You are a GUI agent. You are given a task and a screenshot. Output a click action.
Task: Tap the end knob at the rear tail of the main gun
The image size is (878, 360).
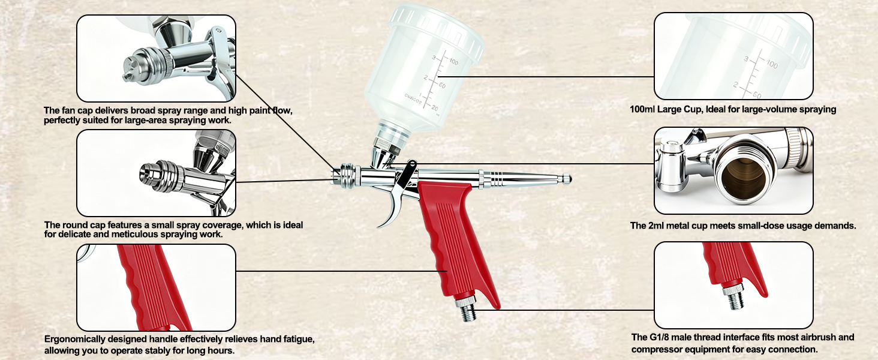coord(567,179)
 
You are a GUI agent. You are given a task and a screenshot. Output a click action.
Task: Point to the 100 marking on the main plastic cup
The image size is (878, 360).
coord(453,62)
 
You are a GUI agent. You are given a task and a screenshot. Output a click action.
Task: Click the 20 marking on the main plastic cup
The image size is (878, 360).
coord(435,107)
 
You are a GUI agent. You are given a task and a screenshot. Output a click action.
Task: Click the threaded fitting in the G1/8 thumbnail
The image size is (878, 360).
coord(733,296)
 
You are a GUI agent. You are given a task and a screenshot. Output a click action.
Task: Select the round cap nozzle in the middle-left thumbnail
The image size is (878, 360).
coord(149,175)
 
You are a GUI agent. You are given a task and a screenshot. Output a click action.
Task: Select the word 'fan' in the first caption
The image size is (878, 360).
coord(69,110)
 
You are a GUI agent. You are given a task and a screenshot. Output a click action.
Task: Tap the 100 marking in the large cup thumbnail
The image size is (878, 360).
coord(772,64)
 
